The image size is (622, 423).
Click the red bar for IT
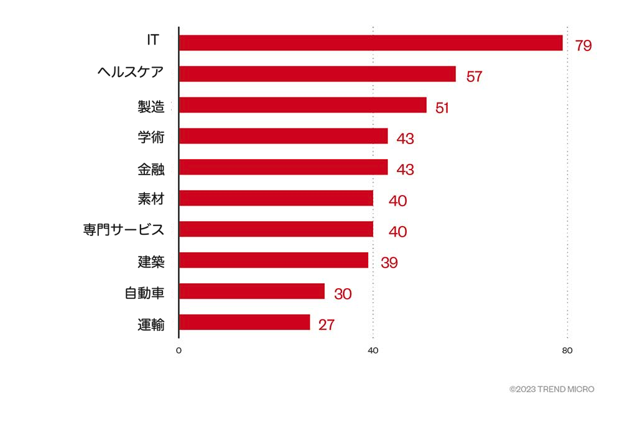tap(370, 43)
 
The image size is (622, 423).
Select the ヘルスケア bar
tap(317, 74)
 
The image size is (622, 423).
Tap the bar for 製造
tap(302, 105)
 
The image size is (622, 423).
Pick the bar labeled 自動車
tap(251, 291)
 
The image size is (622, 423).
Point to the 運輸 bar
tap(244, 322)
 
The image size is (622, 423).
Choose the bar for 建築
tap(273, 260)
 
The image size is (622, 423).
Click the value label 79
tap(583, 45)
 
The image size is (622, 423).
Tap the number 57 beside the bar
tap(474, 76)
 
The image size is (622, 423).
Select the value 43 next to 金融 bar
tap(405, 170)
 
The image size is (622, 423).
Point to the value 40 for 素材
tap(397, 201)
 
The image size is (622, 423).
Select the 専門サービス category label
tap(123, 230)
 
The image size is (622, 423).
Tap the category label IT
tap(152, 40)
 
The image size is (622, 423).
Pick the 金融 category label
tap(151, 168)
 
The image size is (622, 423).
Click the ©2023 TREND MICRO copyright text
tap(551, 389)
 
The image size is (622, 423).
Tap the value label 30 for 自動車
tap(343, 294)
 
